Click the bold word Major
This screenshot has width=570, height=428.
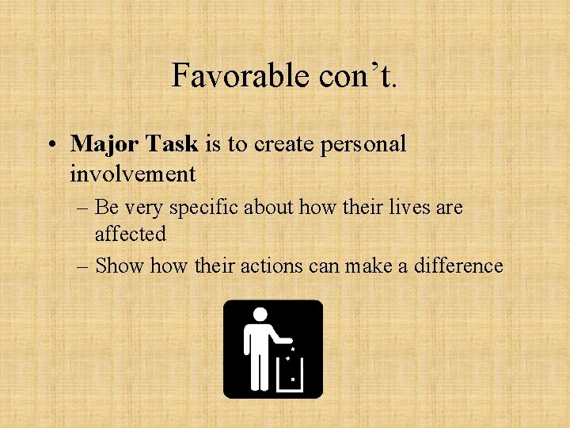click(102, 143)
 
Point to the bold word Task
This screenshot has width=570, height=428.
click(169, 143)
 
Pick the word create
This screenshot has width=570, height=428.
click(278, 143)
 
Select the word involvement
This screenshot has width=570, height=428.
click(132, 172)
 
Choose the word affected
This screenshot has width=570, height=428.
click(131, 234)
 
